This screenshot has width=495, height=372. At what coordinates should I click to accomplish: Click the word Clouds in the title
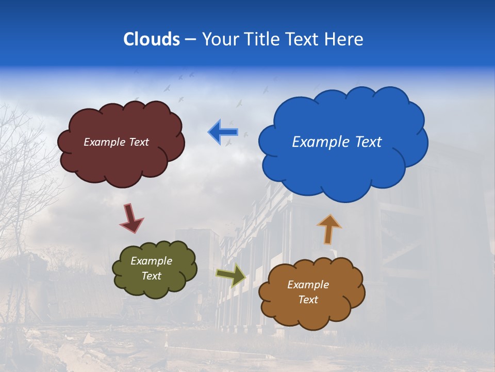152,39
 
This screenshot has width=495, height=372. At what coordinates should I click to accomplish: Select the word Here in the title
344,39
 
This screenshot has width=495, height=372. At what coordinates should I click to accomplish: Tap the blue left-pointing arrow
223,132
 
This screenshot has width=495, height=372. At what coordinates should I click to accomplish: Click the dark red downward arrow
131,218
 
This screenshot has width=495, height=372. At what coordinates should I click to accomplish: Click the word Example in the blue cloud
319,142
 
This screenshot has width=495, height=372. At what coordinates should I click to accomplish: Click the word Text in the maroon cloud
137,142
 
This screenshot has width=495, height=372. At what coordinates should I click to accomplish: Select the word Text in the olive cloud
152,276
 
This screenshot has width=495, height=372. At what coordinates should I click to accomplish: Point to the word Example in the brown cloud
308,285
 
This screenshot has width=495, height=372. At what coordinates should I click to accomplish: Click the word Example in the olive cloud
152,261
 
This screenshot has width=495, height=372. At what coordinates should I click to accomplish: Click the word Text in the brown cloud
308,300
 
